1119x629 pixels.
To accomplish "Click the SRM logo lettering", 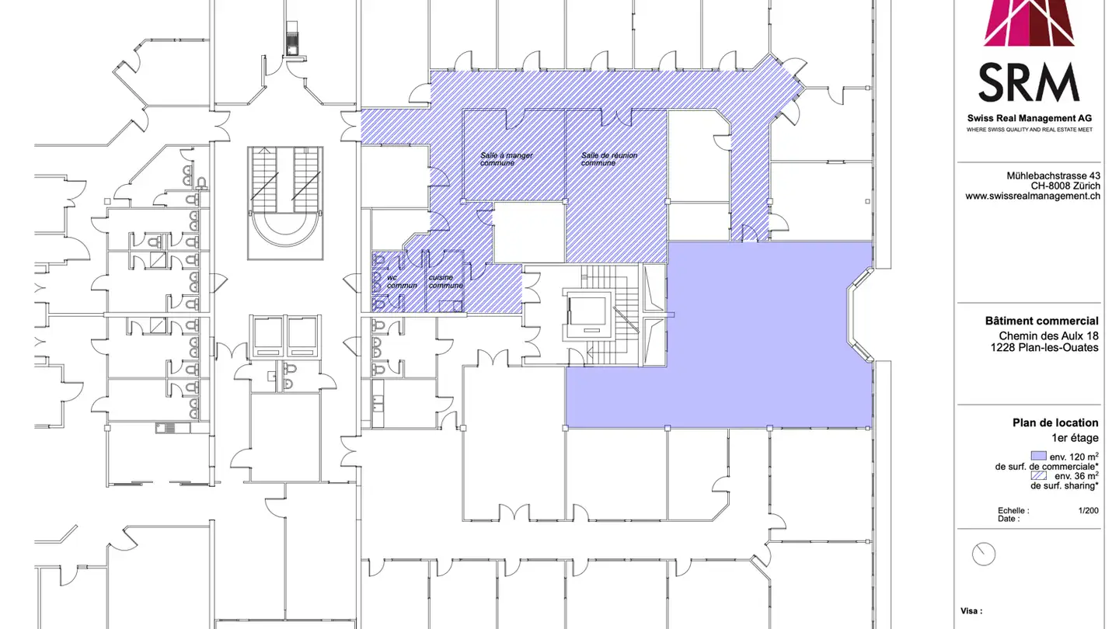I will (x=1029, y=82).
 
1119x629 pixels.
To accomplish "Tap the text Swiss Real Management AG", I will (x=1029, y=117).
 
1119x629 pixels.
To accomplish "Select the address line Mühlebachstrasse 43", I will (x=1053, y=176).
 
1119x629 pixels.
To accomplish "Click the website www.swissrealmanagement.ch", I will (x=1033, y=196).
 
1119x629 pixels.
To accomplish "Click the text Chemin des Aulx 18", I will (x=1049, y=335).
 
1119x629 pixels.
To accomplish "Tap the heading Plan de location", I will (x=1055, y=423).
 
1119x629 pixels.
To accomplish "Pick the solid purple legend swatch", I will (x=1038, y=456).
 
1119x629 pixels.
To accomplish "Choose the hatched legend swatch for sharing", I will (x=1038, y=475).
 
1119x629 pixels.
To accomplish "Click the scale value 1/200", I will (x=1088, y=511).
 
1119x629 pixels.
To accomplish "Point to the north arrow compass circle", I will (x=983, y=554).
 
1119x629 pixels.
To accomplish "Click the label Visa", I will (x=971, y=611).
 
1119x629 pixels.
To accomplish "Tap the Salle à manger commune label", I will (x=506, y=159).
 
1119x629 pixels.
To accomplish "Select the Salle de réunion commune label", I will (x=609, y=159).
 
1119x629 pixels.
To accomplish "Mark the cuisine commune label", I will (x=446, y=281).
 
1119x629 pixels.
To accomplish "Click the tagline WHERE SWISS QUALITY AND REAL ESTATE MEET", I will (x=1029, y=130).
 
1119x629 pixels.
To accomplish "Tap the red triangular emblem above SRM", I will (x=1029, y=23).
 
